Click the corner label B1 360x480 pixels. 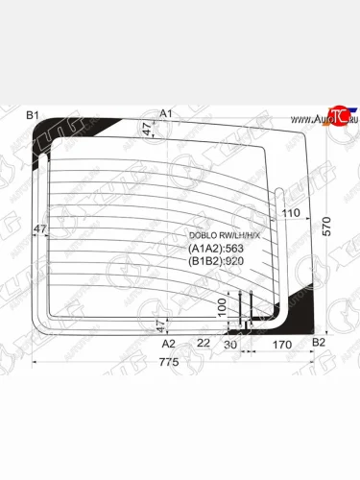[x=32, y=115]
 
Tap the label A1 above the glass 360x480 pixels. [x=165, y=114]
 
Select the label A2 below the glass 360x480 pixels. [x=169, y=343]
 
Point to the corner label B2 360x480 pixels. [x=321, y=343]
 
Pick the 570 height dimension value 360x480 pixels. [x=328, y=228]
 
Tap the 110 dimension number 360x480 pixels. [x=291, y=212]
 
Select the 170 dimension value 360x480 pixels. [x=281, y=343]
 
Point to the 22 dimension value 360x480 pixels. [x=203, y=343]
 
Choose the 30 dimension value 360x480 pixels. [x=230, y=343]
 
